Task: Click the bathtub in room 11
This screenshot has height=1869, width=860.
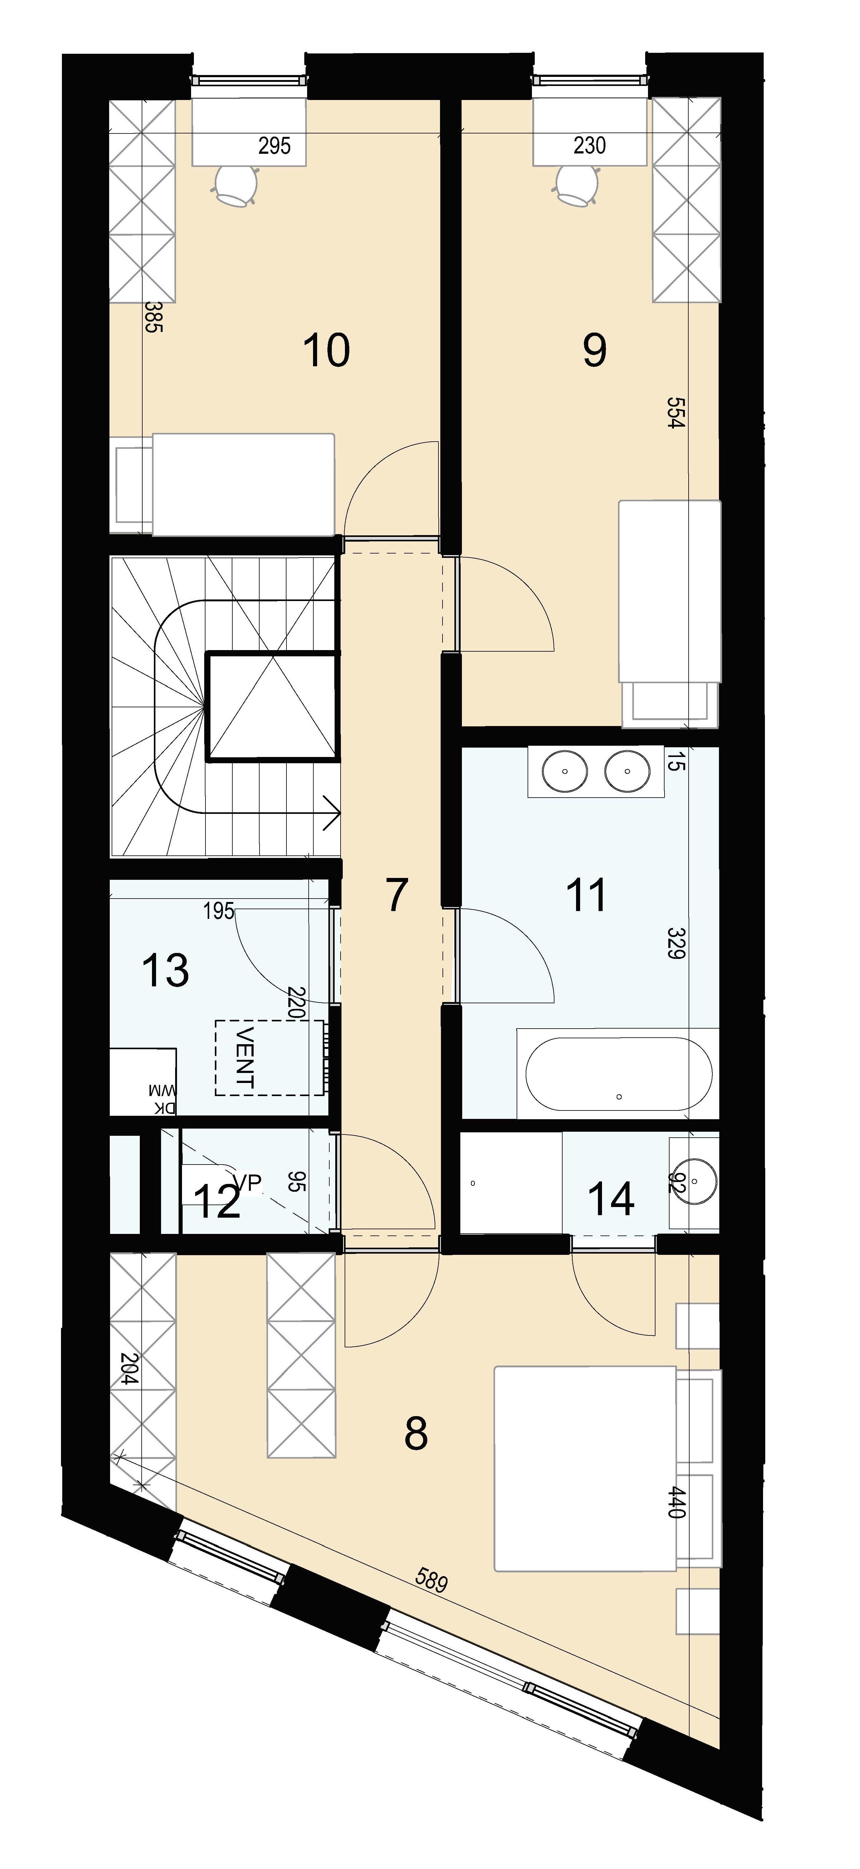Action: coord(619,1073)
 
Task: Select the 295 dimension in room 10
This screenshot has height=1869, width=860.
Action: coord(274,146)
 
